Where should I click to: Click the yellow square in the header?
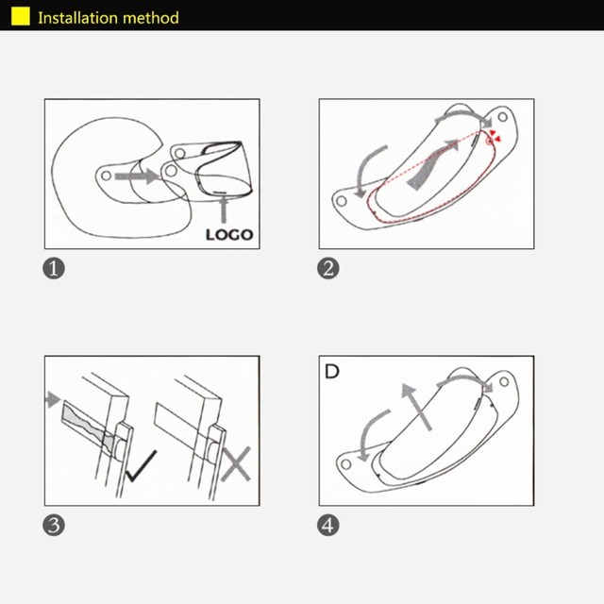[21, 17]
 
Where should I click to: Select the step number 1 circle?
[54, 268]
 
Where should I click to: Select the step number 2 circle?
[328, 268]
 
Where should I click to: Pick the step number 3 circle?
[54, 526]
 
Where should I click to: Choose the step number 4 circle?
[328, 526]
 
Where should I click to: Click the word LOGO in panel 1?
[229, 235]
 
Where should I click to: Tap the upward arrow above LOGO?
[224, 210]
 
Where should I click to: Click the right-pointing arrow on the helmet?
[137, 176]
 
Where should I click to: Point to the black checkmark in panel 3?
[141, 465]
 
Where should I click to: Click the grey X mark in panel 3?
[236, 464]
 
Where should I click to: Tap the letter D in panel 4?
[332, 371]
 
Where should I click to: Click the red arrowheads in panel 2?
[495, 136]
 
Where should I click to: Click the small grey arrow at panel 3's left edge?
[53, 399]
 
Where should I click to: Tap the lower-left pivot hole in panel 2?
[342, 201]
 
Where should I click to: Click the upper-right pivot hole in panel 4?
[504, 381]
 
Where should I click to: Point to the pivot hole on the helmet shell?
[106, 176]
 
